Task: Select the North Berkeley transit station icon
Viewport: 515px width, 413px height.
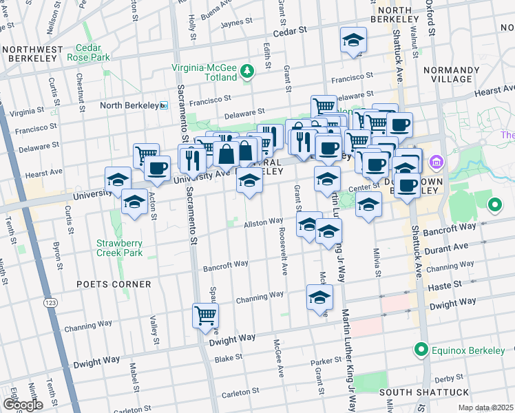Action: [x=164, y=105]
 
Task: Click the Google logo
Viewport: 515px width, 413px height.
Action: [x=22, y=405]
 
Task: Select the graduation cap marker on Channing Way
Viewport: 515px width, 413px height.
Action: [x=319, y=297]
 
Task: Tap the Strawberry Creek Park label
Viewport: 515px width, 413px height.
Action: [x=119, y=248]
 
